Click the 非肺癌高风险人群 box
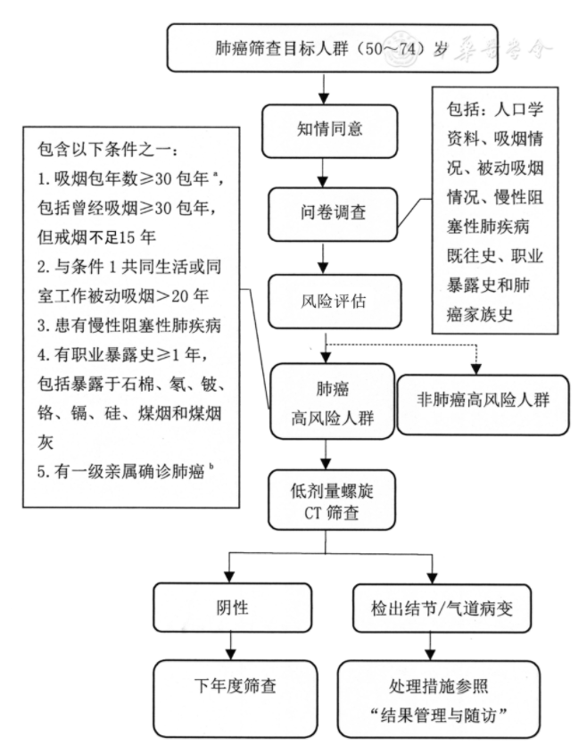tap(483, 399)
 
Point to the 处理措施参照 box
tap(439, 699)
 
